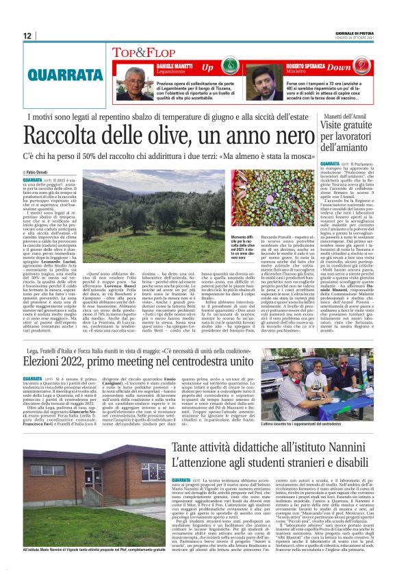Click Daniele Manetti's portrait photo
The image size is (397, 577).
tap(134, 77)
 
